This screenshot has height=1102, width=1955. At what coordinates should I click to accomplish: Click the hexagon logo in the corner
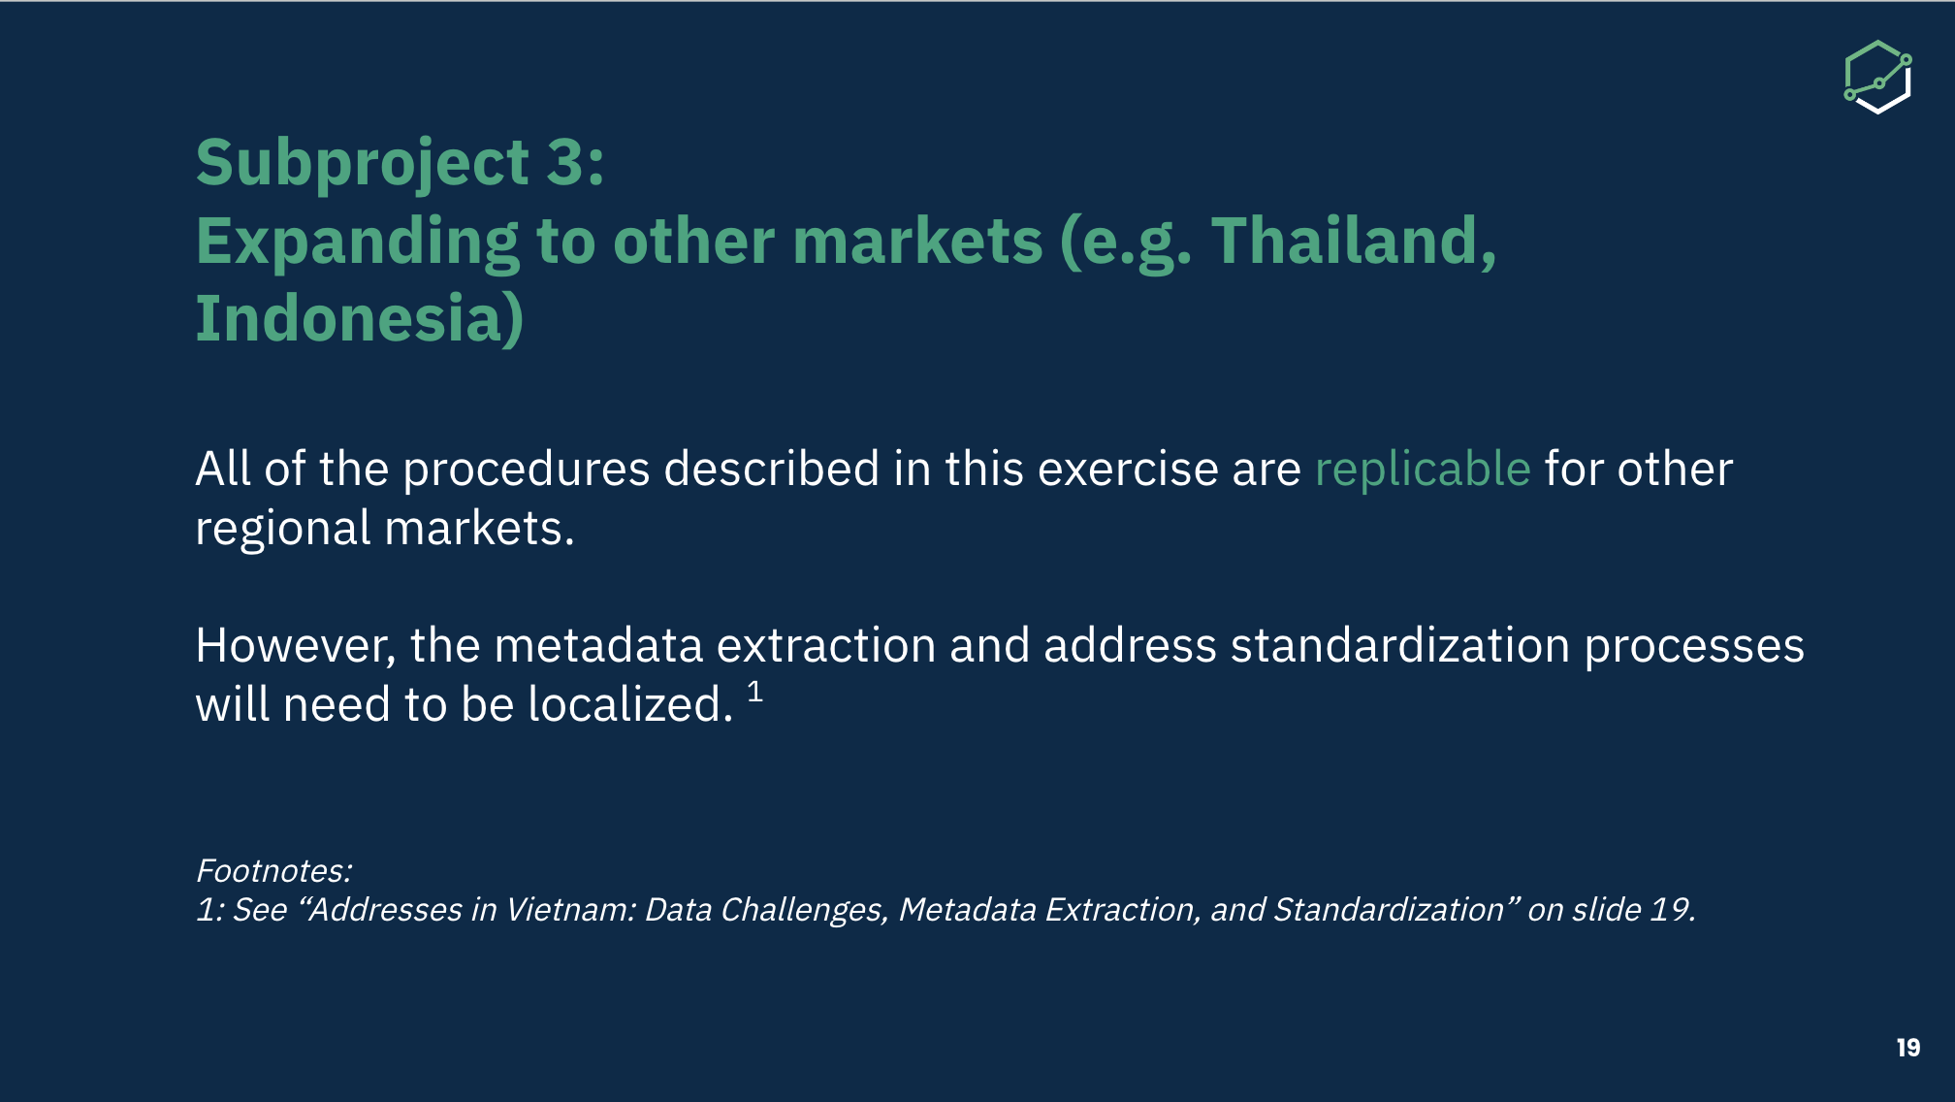tap(1877, 77)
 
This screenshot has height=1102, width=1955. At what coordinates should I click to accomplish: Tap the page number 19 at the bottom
tap(1908, 1048)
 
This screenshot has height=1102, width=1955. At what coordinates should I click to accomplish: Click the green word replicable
tap(1423, 469)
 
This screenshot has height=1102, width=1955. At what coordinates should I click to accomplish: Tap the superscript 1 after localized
tap(755, 692)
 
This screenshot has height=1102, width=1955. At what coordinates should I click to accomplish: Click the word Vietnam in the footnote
tap(571, 909)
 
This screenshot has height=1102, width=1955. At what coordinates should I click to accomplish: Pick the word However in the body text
tap(296, 646)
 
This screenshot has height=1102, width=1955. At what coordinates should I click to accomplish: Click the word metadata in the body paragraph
tap(598, 646)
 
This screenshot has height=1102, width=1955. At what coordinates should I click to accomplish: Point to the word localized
tap(630, 704)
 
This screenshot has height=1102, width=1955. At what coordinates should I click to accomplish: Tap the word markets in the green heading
tap(917, 241)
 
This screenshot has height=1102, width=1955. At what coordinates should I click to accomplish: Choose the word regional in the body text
tap(283, 530)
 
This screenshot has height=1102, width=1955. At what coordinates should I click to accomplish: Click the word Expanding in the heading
tap(358, 243)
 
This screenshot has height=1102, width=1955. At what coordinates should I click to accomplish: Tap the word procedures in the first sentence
tap(527, 470)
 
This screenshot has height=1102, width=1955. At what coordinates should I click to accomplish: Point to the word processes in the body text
tap(1694, 647)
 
